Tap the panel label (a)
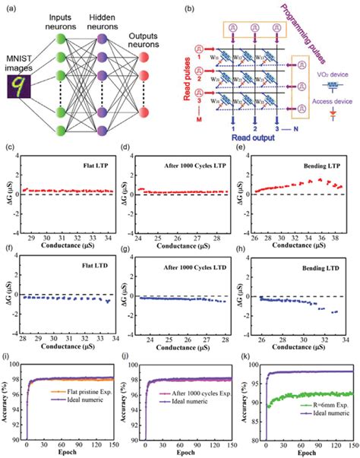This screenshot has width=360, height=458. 11,8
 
